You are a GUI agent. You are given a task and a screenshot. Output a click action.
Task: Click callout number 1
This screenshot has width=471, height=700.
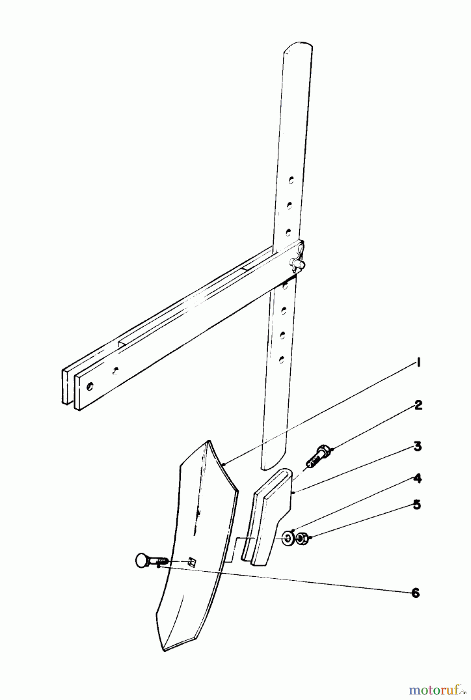click(418, 363)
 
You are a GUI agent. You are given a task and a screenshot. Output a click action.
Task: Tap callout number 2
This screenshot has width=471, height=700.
click(418, 405)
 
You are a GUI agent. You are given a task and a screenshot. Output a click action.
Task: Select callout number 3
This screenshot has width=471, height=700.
click(418, 447)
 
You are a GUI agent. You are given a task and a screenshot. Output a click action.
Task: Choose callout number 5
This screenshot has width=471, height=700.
click(417, 505)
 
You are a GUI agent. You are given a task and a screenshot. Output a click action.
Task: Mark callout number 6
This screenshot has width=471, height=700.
click(415, 593)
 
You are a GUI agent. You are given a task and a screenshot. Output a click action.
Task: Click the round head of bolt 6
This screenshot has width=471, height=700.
click(141, 561)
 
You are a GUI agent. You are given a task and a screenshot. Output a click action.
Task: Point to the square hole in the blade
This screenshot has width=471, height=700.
click(191, 562)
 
